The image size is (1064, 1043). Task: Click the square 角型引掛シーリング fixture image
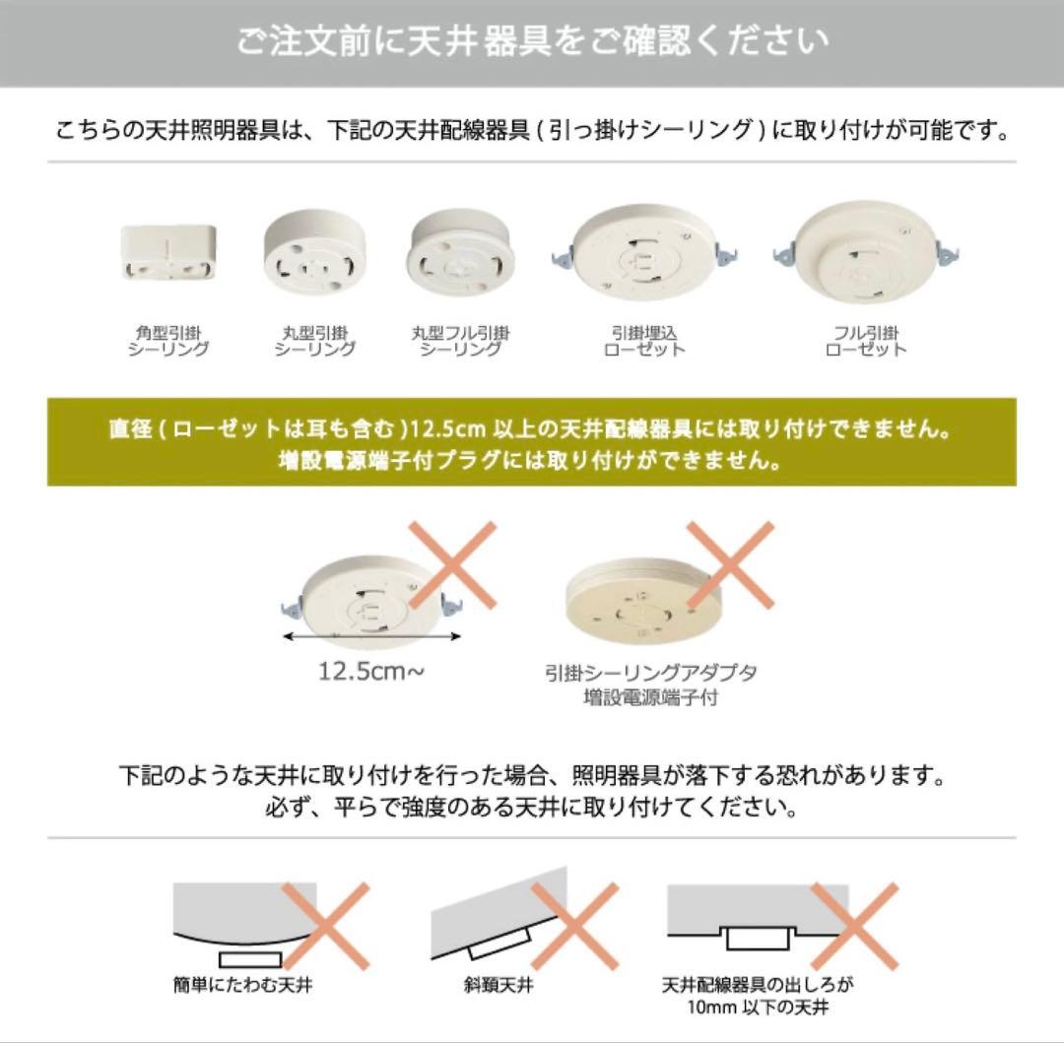pyautogui.click(x=168, y=255)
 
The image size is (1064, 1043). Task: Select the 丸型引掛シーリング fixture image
pyautogui.click(x=314, y=255)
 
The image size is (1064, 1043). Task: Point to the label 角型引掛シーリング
pyautogui.click(x=168, y=341)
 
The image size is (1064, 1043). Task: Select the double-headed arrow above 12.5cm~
pyautogui.click(x=371, y=637)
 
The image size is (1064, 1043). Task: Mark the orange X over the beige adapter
pyautogui.click(x=730, y=564)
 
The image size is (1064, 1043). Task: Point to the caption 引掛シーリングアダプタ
pyautogui.click(x=650, y=674)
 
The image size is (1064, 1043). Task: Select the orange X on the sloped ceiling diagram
pyautogui.click(x=574, y=925)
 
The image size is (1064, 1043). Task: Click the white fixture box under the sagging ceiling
pyautogui.click(x=250, y=958)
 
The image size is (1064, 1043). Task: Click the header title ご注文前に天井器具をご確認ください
pyautogui.click(x=532, y=42)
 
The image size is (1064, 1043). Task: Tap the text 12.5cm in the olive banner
pyautogui.click(x=448, y=431)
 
